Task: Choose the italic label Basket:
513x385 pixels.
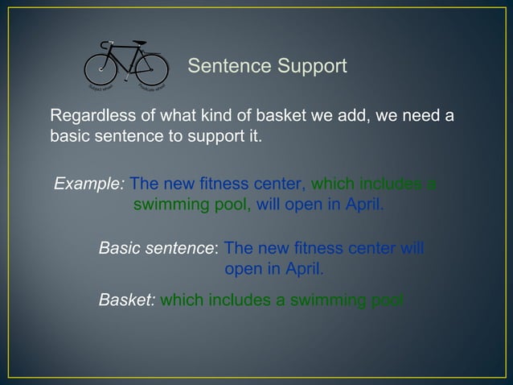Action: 126,301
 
